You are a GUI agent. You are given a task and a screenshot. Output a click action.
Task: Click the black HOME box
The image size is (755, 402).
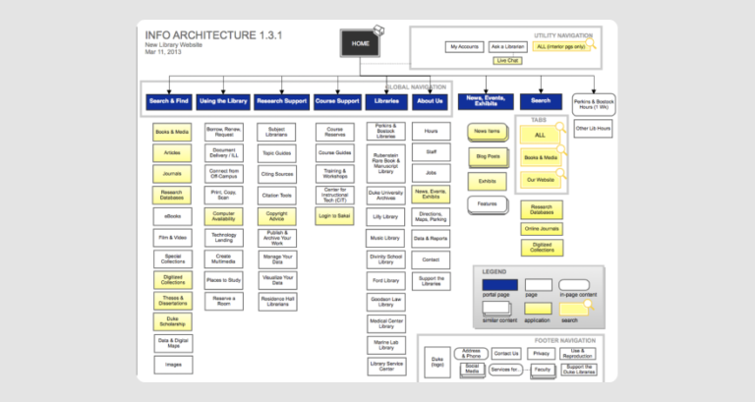[360, 43]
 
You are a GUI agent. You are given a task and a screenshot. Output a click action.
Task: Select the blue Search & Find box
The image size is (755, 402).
[168, 100]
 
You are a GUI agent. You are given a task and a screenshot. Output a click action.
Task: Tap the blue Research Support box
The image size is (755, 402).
[281, 100]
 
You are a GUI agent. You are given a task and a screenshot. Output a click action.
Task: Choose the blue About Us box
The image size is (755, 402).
[430, 100]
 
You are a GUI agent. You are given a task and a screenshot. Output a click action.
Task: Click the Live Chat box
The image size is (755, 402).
[507, 61]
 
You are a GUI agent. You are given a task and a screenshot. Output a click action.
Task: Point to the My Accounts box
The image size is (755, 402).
[464, 46]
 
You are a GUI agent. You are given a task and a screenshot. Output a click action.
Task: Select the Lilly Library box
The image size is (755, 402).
[385, 216]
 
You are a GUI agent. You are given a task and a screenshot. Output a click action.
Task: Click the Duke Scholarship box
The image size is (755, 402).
[173, 321]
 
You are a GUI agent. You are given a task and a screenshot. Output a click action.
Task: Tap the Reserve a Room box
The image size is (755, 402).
[224, 301]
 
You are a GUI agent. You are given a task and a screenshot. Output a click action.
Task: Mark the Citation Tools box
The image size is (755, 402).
[277, 196]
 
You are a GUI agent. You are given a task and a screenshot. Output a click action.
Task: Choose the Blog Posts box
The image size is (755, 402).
[488, 156]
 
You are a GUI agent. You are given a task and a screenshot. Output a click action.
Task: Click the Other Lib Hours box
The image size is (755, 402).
[593, 129]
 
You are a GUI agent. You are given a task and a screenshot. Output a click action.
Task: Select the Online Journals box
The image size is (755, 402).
[541, 229]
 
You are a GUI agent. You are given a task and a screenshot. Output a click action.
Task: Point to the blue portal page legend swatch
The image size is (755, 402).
[497, 285]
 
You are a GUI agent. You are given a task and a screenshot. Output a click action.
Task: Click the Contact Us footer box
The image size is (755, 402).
[506, 353]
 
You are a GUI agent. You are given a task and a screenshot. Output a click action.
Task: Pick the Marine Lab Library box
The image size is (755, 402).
[385, 344]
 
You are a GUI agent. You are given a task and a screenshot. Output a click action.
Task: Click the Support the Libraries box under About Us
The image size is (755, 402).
[431, 281]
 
